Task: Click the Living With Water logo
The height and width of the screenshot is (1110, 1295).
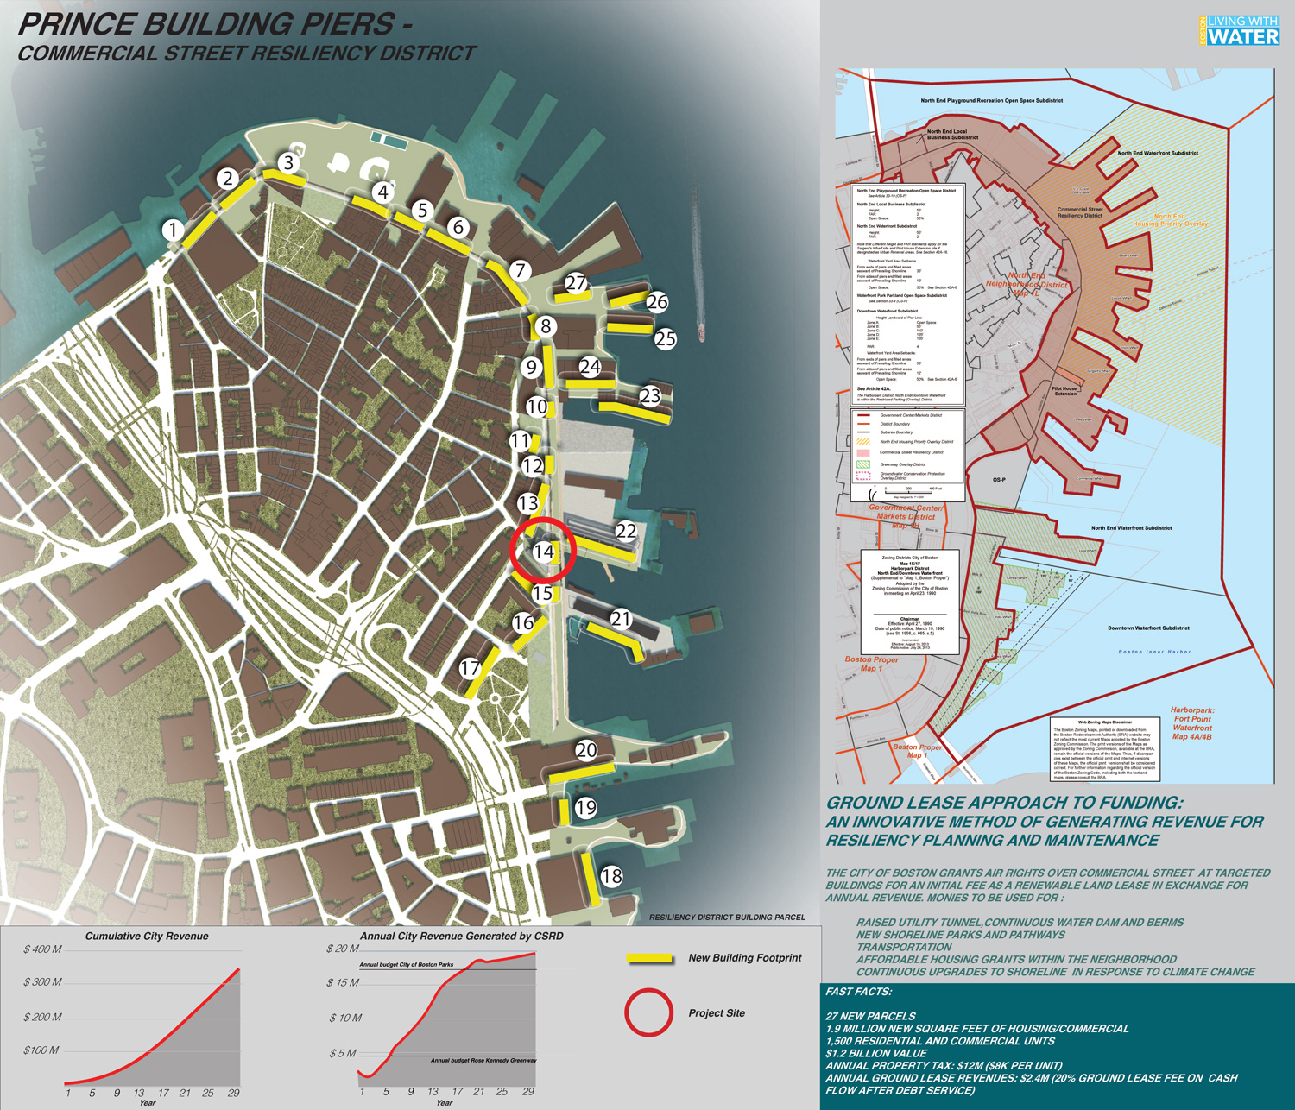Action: coord(1239,30)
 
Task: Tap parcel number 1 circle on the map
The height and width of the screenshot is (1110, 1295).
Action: coord(174,230)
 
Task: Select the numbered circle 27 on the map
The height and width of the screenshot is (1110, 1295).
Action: coord(576,283)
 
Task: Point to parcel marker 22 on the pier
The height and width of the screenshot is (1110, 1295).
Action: coord(625,531)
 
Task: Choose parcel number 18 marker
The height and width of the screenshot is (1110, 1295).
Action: coord(611,876)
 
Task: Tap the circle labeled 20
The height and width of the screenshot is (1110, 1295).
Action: coord(586,750)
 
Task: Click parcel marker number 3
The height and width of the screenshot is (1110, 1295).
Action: coord(288,162)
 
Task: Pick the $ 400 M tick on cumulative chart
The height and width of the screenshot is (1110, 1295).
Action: coord(42,949)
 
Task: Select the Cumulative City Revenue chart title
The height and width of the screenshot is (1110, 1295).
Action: coord(147,936)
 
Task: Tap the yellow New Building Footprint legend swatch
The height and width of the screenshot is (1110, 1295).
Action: coord(649,958)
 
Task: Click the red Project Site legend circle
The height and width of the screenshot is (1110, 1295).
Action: coord(649,1012)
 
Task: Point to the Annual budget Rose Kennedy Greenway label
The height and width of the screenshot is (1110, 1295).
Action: coord(483,1060)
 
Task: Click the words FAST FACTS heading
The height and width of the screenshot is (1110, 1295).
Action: coord(858,992)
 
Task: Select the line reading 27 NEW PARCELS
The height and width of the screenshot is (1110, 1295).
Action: coord(870,1016)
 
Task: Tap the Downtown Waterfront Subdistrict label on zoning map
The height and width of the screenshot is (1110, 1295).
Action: coord(1148,628)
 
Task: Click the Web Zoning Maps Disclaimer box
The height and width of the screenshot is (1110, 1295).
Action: coord(1104,748)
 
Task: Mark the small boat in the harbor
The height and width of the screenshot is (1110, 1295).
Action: coord(701,333)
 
